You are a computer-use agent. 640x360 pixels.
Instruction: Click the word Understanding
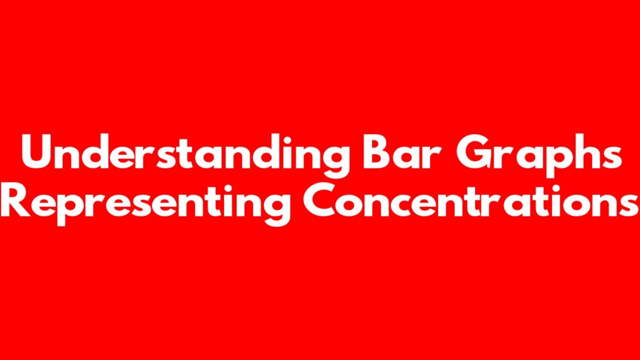pyautogui.click(x=185, y=155)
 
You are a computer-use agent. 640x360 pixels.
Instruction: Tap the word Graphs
pyautogui.click(x=539, y=155)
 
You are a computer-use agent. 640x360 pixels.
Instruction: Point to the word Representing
pyautogui.click(x=145, y=204)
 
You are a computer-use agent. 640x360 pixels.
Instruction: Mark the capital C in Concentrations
pyautogui.click(x=319, y=200)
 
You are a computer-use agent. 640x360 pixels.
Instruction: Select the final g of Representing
pyautogui.click(x=276, y=210)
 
